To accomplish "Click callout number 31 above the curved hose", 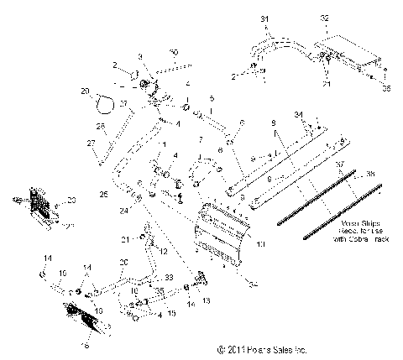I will tap(264, 18).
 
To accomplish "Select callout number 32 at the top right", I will tap(326, 18).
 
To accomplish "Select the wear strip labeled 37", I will tap(327, 206).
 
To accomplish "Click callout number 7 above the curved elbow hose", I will tap(200, 138).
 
